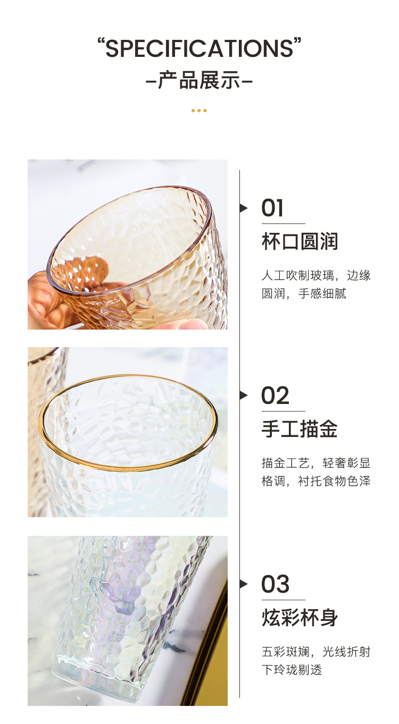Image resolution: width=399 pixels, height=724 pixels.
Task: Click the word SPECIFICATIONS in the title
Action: pos(199,49)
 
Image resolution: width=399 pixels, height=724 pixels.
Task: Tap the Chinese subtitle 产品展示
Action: pos(199,80)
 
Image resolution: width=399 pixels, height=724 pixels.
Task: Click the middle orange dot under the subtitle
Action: pos(199,111)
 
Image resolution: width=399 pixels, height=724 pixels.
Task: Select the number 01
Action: pos(272,208)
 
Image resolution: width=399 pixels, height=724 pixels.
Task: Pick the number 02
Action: pos(275,395)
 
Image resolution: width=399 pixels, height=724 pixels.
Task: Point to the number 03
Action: pos(275,584)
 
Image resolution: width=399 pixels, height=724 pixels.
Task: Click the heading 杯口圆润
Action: pos(300,241)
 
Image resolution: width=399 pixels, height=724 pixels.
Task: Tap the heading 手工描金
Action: pos(300,429)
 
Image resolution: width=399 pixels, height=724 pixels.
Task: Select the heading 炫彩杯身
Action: pos(300,618)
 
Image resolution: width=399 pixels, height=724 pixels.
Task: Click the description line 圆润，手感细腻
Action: pos(304,293)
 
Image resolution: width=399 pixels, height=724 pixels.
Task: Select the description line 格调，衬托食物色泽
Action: pos(316,481)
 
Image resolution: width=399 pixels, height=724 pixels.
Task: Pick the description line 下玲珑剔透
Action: pos(292,670)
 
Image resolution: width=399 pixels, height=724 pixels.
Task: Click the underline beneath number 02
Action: pos(284,411)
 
